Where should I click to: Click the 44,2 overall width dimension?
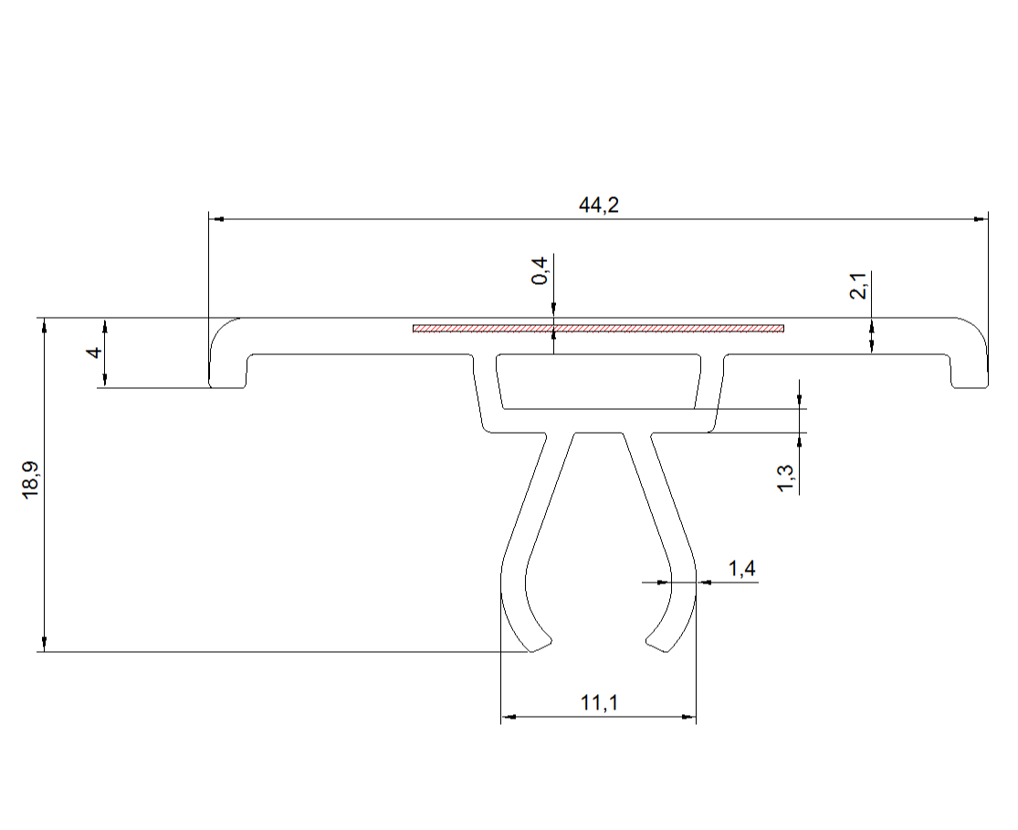pyautogui.click(x=599, y=205)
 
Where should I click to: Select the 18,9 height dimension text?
pyautogui.click(x=31, y=480)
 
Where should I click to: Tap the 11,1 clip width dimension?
pyautogui.click(x=599, y=703)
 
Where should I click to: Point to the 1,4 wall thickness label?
pyautogui.click(x=741, y=569)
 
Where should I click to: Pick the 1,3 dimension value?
pyautogui.click(x=785, y=478)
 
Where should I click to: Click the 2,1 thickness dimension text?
pyautogui.click(x=857, y=286)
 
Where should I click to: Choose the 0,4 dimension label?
pyautogui.click(x=540, y=271)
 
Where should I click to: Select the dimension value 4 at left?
pyautogui.click(x=96, y=352)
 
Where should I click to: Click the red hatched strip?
pyautogui.click(x=599, y=328)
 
